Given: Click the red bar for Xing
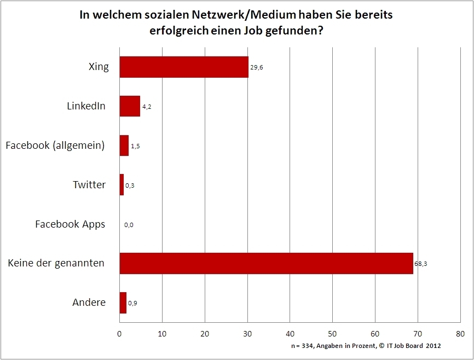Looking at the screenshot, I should tap(184, 67).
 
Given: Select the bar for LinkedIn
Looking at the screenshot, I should tap(130, 106).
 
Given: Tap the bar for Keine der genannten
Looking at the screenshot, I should tap(266, 263).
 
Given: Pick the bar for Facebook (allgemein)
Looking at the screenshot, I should tap(124, 146).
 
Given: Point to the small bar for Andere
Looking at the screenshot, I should tap(123, 303).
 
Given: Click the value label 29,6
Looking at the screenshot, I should tap(257, 68).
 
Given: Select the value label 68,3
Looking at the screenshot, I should tap(421, 264).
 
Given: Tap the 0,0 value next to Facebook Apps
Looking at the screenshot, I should tap(129, 225).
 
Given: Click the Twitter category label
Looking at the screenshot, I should tap(89, 185).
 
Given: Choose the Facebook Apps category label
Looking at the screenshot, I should tap(70, 224).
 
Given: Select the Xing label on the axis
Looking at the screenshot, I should tap(99, 67).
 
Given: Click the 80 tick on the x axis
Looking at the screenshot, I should tap(460, 333).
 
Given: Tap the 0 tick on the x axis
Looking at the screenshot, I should tap(120, 333).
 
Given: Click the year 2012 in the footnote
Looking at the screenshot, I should tap(433, 346).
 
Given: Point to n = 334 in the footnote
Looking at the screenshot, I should tap(302, 346).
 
